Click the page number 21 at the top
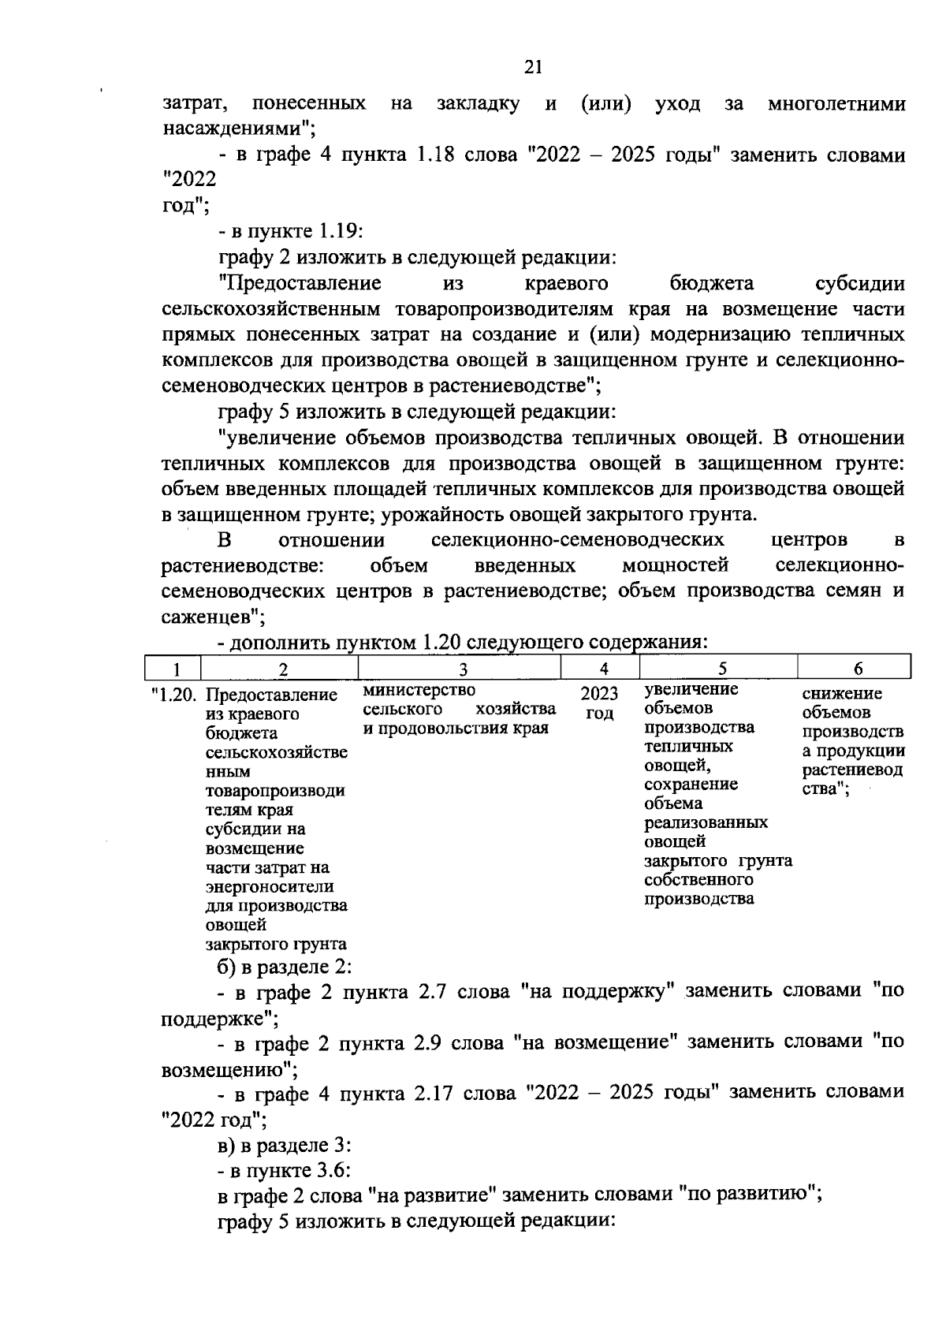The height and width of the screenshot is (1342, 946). (x=533, y=68)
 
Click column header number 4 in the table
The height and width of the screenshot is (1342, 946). (x=603, y=669)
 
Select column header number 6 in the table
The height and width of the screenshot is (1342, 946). (x=858, y=669)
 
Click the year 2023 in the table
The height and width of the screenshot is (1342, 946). (x=599, y=695)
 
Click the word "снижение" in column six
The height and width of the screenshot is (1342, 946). (x=842, y=694)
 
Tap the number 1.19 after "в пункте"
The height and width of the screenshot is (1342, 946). (x=340, y=232)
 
